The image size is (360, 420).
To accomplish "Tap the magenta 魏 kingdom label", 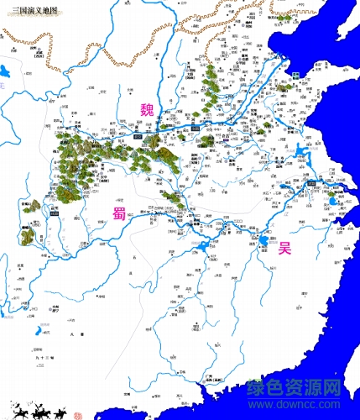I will pos(147,110).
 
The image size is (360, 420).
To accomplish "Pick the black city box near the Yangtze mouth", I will pos(312,181).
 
